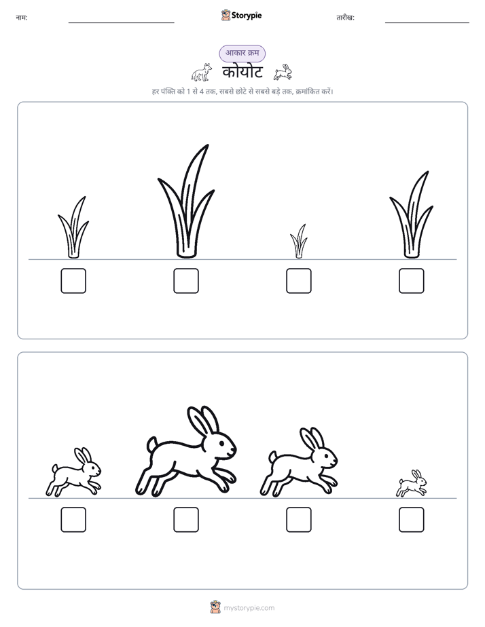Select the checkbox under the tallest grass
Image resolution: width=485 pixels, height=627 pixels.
coord(186,281)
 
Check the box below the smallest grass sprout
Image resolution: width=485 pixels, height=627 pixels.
coord(299,281)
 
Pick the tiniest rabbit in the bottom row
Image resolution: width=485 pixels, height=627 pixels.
coord(412,483)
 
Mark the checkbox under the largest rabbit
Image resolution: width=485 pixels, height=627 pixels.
coord(186,520)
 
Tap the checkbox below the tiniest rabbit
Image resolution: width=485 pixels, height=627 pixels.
coord(412,520)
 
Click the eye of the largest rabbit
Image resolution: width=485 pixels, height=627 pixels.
coord(223,442)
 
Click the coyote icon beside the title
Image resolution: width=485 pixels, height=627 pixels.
coord(202,72)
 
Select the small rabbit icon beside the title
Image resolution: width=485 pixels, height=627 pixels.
coord(283,72)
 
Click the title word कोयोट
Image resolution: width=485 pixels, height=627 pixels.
coord(242,73)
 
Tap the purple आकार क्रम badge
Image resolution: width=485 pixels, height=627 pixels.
coord(242,53)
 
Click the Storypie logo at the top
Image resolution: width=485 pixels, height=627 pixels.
coord(242,16)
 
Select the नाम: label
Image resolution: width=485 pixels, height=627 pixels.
coord(22,18)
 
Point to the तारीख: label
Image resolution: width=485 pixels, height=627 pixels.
coord(345,18)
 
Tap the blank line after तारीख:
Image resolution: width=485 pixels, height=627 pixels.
coord(427,23)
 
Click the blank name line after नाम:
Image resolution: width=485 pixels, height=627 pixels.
coord(121,23)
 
